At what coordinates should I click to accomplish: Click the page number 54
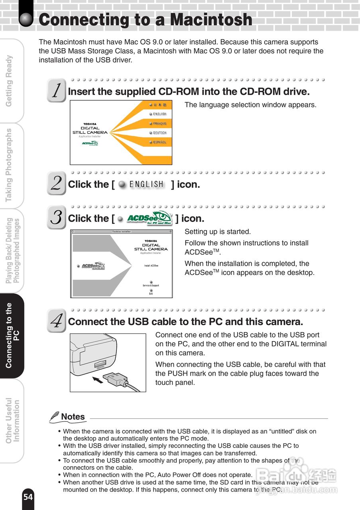(x=28, y=497)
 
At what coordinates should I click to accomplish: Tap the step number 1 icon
(x=56, y=90)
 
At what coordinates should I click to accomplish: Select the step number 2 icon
(x=56, y=183)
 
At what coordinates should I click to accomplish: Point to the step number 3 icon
(x=56, y=217)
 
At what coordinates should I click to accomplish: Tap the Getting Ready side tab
(x=10, y=81)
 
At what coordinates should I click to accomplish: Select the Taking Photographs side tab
(x=10, y=165)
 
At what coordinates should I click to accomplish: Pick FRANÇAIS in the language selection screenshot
(x=159, y=124)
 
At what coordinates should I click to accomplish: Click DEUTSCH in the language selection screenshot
(x=159, y=133)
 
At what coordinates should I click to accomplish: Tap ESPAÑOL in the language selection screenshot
(x=159, y=142)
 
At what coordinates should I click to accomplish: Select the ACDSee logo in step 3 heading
(x=149, y=218)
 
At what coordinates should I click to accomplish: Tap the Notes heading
(x=73, y=417)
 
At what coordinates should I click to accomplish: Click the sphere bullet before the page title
(x=26, y=20)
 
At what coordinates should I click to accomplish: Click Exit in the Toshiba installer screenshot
(x=151, y=292)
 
